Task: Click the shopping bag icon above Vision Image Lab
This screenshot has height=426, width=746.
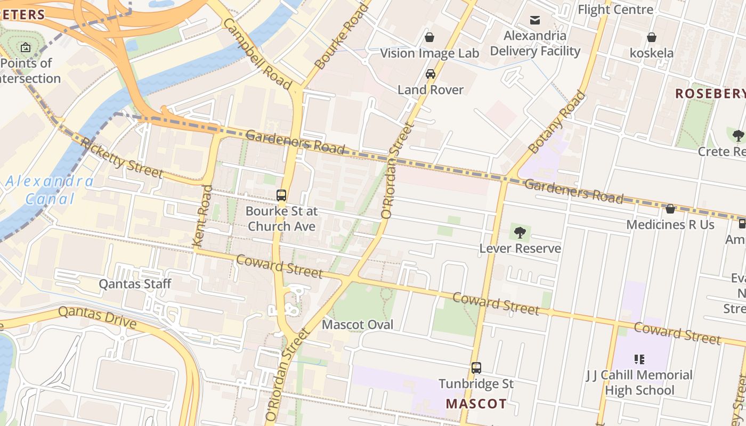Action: [x=429, y=37]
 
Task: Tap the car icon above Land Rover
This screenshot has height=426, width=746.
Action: [x=431, y=74]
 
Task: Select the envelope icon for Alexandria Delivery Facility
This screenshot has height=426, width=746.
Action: [x=535, y=20]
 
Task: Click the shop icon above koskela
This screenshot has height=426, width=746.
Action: [x=651, y=37]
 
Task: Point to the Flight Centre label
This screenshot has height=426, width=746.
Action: [x=615, y=10]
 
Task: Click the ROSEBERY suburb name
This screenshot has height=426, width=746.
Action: [x=710, y=94]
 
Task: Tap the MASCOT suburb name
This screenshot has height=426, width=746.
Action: [x=476, y=404]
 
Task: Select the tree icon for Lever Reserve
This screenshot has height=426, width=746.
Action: [x=520, y=233]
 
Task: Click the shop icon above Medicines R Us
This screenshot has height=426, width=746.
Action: [x=670, y=209]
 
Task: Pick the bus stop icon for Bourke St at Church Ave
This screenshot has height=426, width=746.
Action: [x=281, y=195]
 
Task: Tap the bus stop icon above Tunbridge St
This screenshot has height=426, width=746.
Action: [x=476, y=368]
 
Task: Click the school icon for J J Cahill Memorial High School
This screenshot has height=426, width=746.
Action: [x=639, y=359]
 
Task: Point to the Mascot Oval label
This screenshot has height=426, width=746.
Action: [x=358, y=325]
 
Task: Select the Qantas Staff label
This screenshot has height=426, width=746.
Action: [x=135, y=284]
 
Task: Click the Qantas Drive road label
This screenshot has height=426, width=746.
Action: [x=97, y=317]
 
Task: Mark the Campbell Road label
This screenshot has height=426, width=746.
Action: [x=257, y=54]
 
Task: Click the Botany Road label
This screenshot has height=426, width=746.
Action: [x=556, y=122]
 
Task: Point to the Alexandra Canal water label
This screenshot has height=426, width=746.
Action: [x=49, y=190]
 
